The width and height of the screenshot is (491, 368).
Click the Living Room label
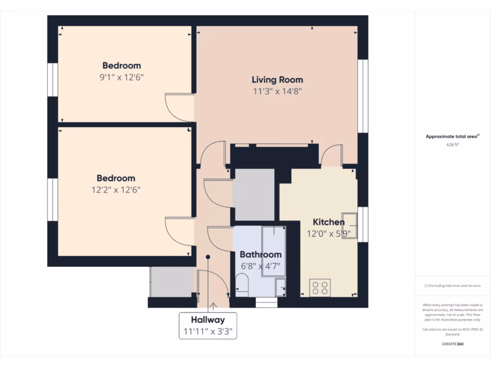278,80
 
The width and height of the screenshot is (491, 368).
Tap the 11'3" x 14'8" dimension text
278,91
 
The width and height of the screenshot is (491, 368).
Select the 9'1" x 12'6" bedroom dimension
122,77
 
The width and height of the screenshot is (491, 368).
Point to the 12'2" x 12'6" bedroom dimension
116,190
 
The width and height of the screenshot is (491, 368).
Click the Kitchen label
328,222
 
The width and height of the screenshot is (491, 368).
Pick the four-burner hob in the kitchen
320,287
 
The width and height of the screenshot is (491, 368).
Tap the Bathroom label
260,254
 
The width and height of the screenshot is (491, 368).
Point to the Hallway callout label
208,320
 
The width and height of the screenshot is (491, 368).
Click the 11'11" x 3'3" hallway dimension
208,331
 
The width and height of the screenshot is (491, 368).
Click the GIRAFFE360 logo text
453,344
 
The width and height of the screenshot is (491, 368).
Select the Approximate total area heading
452,137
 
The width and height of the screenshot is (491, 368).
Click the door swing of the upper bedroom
178,106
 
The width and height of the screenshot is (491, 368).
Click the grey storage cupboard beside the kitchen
253,194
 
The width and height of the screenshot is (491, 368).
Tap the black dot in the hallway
208,257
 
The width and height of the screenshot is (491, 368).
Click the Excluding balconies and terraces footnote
453,286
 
